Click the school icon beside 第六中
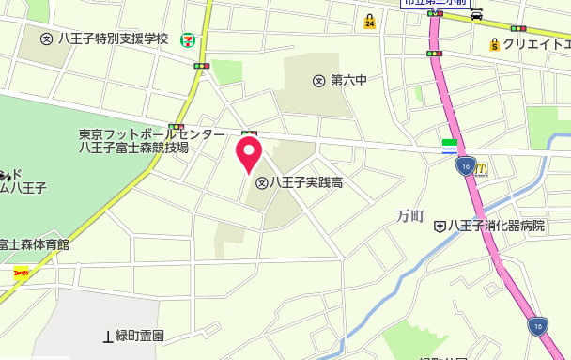click(x=319, y=81)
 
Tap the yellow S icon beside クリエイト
click(x=493, y=44)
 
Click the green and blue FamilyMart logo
click(x=450, y=145)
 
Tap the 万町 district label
click(x=410, y=217)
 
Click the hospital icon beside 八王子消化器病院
click(x=439, y=226)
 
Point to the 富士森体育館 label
click(x=35, y=244)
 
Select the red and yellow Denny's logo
click(x=21, y=274)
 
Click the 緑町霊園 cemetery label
click(x=140, y=336)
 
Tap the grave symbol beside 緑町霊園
click(x=107, y=336)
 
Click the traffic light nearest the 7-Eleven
click(x=201, y=65)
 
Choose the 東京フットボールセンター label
click(x=151, y=134)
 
